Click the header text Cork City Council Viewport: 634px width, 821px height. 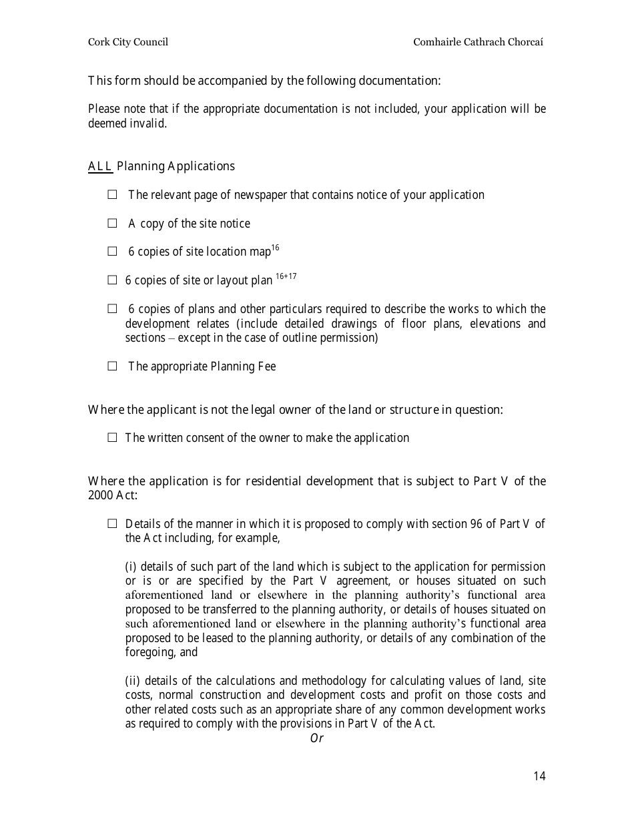pos(128,42)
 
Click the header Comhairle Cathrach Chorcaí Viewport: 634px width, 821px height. pos(478,42)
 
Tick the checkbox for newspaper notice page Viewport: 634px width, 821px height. pos(112,195)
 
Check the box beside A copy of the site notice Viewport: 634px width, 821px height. pos(112,224)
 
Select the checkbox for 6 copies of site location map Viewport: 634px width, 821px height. pos(112,252)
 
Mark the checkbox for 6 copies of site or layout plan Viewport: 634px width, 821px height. pos(112,280)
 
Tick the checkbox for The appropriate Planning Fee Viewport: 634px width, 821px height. pos(112,366)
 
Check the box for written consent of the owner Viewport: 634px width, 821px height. pos(112,438)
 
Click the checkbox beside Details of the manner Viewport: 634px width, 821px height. pos(112,524)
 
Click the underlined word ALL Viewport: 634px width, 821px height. pos(100,166)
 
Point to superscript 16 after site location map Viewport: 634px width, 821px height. pos(275,248)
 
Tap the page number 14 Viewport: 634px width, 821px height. pos(539,776)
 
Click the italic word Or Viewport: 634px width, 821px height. pos(316,738)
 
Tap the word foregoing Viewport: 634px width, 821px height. pos(150,653)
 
